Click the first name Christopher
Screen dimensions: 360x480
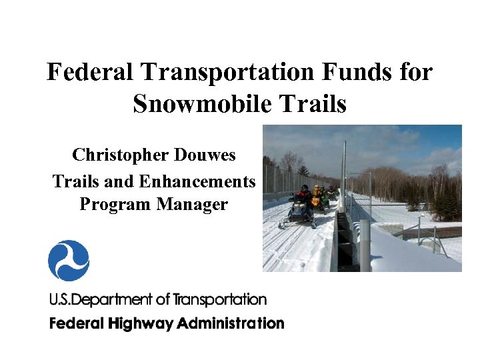click(x=119, y=156)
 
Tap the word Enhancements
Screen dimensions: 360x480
click(x=197, y=181)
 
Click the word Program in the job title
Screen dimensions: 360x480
click(x=115, y=204)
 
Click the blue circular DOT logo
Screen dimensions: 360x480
click(x=69, y=261)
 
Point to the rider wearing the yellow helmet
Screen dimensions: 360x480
click(x=317, y=194)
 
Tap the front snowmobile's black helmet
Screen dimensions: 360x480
click(x=305, y=188)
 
